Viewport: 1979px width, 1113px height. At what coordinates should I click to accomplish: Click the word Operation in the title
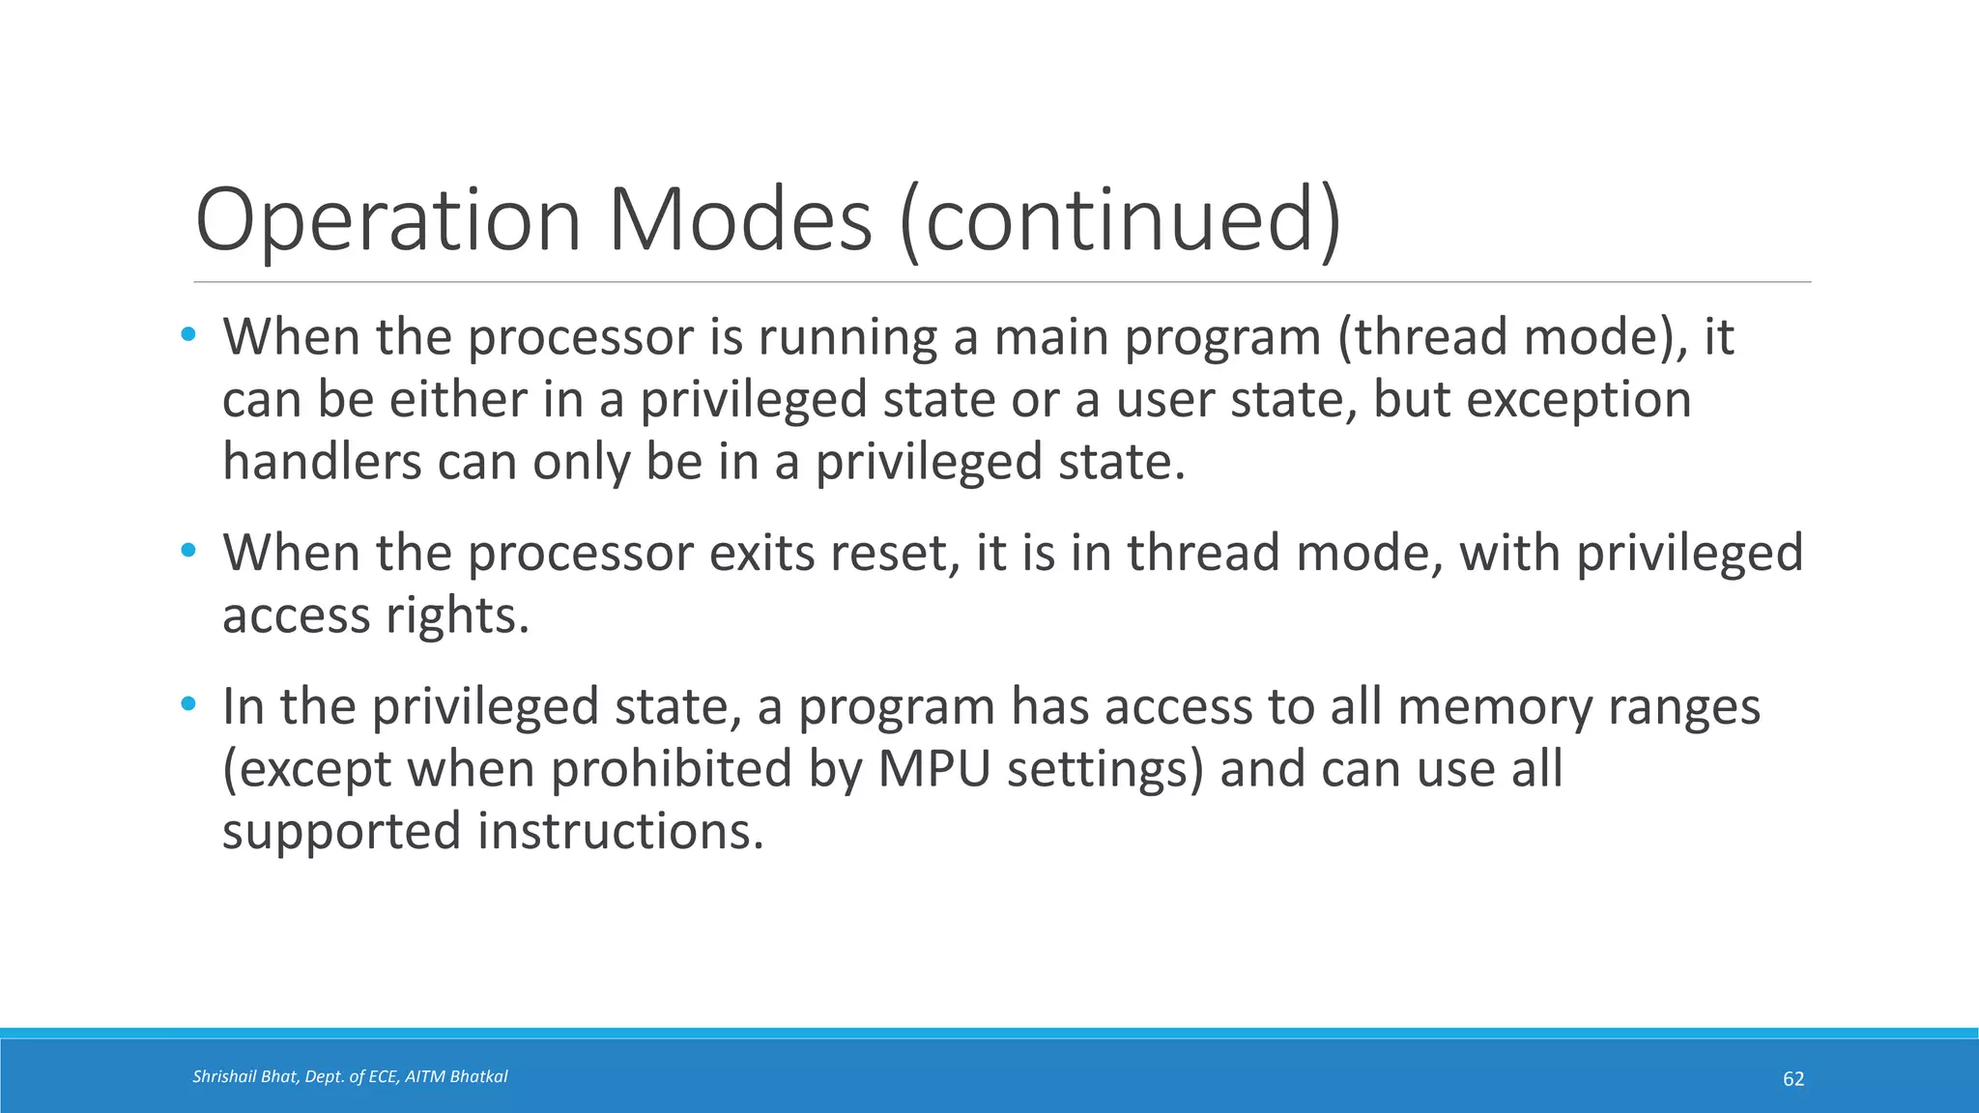pos(387,220)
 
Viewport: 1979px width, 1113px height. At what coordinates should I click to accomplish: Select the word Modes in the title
pos(739,220)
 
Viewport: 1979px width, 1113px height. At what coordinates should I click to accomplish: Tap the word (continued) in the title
pos(1120,220)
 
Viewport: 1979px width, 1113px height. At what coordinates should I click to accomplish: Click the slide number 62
pos(1793,1079)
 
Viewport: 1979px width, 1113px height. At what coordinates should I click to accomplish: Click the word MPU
pos(934,770)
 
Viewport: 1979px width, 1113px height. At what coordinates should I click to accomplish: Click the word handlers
pos(322,461)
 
